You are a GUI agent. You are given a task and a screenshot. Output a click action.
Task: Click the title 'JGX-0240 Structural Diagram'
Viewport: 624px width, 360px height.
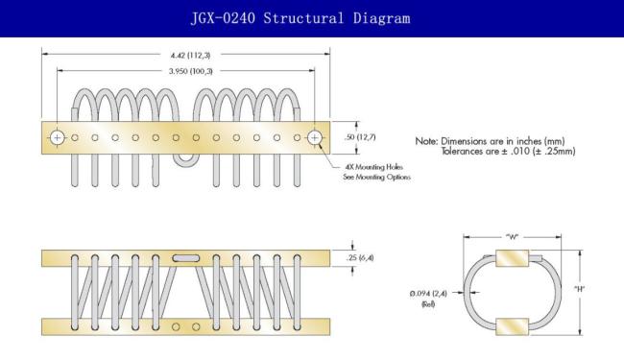point(300,18)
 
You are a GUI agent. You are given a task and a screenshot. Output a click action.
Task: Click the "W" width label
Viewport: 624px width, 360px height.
point(513,237)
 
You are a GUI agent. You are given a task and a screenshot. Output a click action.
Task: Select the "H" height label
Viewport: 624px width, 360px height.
point(580,289)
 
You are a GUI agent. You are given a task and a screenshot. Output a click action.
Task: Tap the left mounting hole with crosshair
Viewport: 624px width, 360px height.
point(58,137)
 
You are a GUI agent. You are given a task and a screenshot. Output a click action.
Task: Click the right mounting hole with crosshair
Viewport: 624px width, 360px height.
point(315,137)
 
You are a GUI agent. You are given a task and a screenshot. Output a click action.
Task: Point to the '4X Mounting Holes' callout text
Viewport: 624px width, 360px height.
point(373,167)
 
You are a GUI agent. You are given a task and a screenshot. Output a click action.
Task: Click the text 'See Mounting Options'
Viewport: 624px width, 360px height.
point(377,177)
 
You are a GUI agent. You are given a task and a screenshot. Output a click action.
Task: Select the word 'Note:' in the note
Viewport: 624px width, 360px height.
point(426,141)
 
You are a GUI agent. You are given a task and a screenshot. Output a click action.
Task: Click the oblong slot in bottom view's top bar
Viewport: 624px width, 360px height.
point(186,258)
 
